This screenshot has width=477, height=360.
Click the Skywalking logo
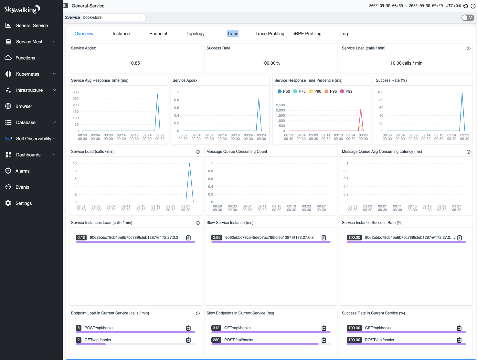point(22,9)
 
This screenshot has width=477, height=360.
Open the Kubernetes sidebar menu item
point(28,74)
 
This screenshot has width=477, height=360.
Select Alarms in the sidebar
point(22,171)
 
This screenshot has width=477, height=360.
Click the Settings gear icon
point(8,203)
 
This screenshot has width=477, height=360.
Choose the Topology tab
point(195,34)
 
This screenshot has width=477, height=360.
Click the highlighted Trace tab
point(232,34)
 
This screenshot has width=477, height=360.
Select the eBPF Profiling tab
point(307,34)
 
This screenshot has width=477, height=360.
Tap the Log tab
point(344,34)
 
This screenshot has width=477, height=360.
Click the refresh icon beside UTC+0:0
point(465,6)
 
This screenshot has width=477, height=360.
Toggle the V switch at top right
point(468,18)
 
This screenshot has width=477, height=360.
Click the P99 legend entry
point(346,91)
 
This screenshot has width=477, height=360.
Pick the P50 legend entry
point(284,91)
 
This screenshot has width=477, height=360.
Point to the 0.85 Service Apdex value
point(135,63)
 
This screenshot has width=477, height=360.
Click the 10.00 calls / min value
point(406,63)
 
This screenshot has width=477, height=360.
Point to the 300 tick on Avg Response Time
point(76,92)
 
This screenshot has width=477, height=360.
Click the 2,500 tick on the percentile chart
point(280,105)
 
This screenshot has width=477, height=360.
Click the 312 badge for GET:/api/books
point(216,328)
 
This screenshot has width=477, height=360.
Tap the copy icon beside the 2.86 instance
point(323,238)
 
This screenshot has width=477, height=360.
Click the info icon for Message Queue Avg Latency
point(468,152)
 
